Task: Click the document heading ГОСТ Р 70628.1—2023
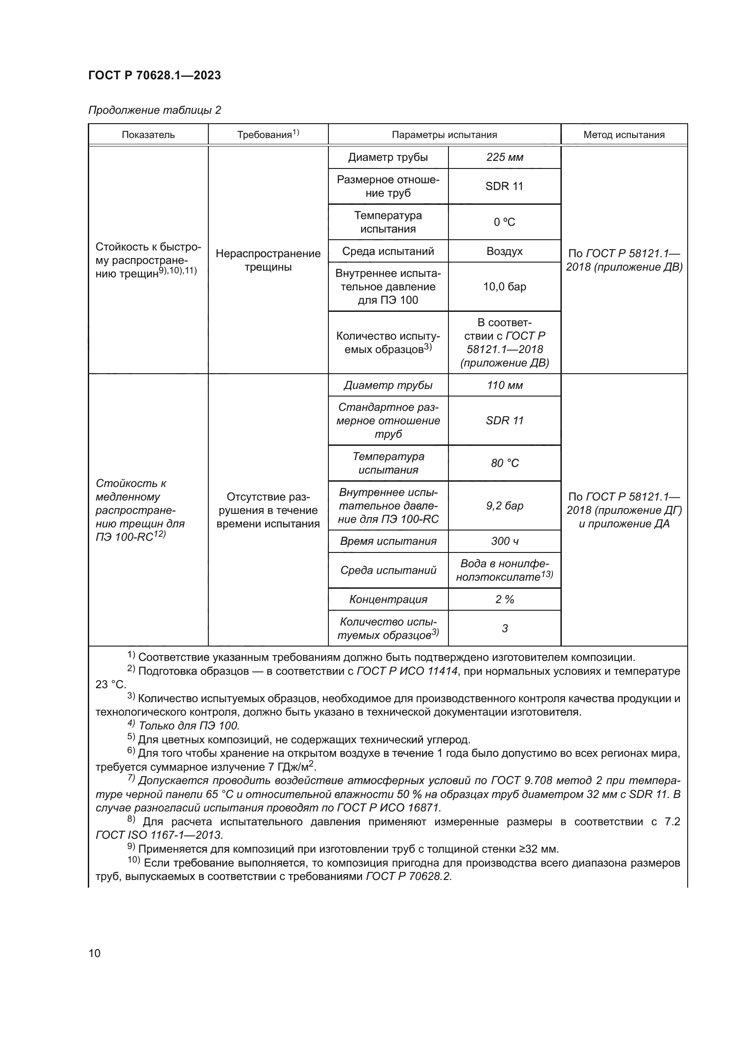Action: click(x=154, y=75)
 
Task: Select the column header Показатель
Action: click(x=148, y=135)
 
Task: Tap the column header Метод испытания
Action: click(x=624, y=135)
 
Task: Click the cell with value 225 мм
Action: click(x=504, y=157)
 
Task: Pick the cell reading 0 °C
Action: click(x=504, y=222)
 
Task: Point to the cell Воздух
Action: click(x=504, y=251)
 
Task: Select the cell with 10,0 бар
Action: click(x=504, y=287)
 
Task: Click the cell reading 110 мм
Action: click(x=504, y=385)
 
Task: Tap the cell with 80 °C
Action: click(x=504, y=463)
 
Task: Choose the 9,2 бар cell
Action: click(x=504, y=506)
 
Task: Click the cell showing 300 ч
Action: click(x=504, y=541)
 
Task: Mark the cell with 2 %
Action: click(x=504, y=599)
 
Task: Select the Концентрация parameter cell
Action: click(x=388, y=599)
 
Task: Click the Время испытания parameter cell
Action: click(x=388, y=541)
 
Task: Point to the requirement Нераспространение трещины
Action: click(x=268, y=260)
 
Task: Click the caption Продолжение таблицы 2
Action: click(x=154, y=110)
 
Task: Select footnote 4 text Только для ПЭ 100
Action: click(x=189, y=726)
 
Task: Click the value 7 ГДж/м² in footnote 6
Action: click(x=289, y=767)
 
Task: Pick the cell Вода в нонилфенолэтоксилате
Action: click(x=504, y=570)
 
